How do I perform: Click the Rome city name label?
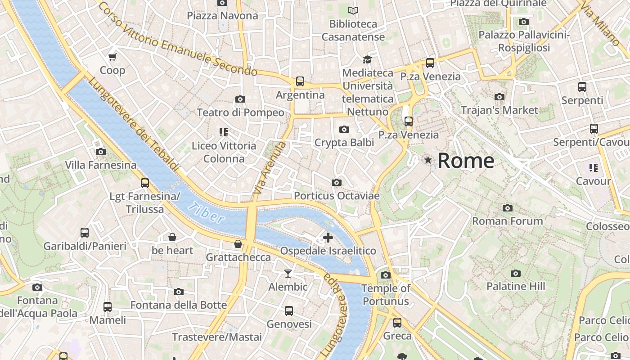point(466,161)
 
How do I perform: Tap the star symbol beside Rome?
point(427,160)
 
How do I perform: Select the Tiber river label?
point(207,213)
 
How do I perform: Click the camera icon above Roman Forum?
point(508,208)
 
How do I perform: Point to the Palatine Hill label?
point(516,286)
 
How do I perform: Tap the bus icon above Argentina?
point(300,81)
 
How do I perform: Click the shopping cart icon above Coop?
point(112,57)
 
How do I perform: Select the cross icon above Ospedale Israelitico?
point(328,237)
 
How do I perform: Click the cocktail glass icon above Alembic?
point(288,273)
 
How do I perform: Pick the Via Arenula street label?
point(270,168)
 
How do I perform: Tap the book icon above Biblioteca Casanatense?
point(354,10)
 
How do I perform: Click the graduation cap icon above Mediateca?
point(368,59)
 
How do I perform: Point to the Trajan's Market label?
point(499,110)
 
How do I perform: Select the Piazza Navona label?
point(223,16)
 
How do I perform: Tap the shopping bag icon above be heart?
point(172,237)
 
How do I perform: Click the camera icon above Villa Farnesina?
point(101,152)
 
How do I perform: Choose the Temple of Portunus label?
point(386,295)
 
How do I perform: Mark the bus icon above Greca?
point(397,322)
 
